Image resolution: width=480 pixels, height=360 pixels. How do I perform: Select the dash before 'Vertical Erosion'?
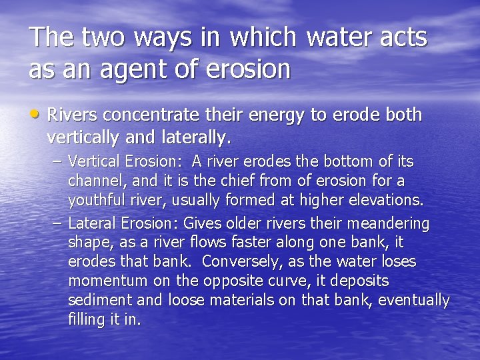pyautogui.click(x=57, y=161)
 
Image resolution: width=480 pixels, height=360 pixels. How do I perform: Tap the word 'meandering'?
pyautogui.click(x=389, y=223)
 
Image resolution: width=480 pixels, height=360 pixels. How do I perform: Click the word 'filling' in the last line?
pyautogui.click(x=85, y=319)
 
